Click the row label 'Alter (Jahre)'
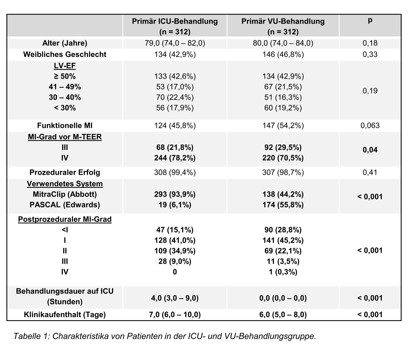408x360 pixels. [65, 43]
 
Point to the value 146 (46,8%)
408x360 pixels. [283, 55]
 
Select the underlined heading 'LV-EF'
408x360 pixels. [65, 66]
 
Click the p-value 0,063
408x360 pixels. [370, 126]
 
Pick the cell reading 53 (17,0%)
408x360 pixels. [175, 87]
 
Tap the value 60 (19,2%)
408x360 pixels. [283, 108]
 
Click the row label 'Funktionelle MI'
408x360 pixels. [65, 126]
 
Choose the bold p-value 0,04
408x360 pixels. [370, 150]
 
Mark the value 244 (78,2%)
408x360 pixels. [175, 158]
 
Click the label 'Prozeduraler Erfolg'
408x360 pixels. [65, 173]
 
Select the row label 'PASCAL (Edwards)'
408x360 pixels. [65, 205]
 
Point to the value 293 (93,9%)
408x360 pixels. [175, 194]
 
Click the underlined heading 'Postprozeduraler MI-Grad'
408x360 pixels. [65, 219]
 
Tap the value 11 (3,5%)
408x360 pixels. [283, 261]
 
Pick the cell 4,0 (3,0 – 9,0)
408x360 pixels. [175, 298]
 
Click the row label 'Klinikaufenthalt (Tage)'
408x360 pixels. [65, 314]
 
